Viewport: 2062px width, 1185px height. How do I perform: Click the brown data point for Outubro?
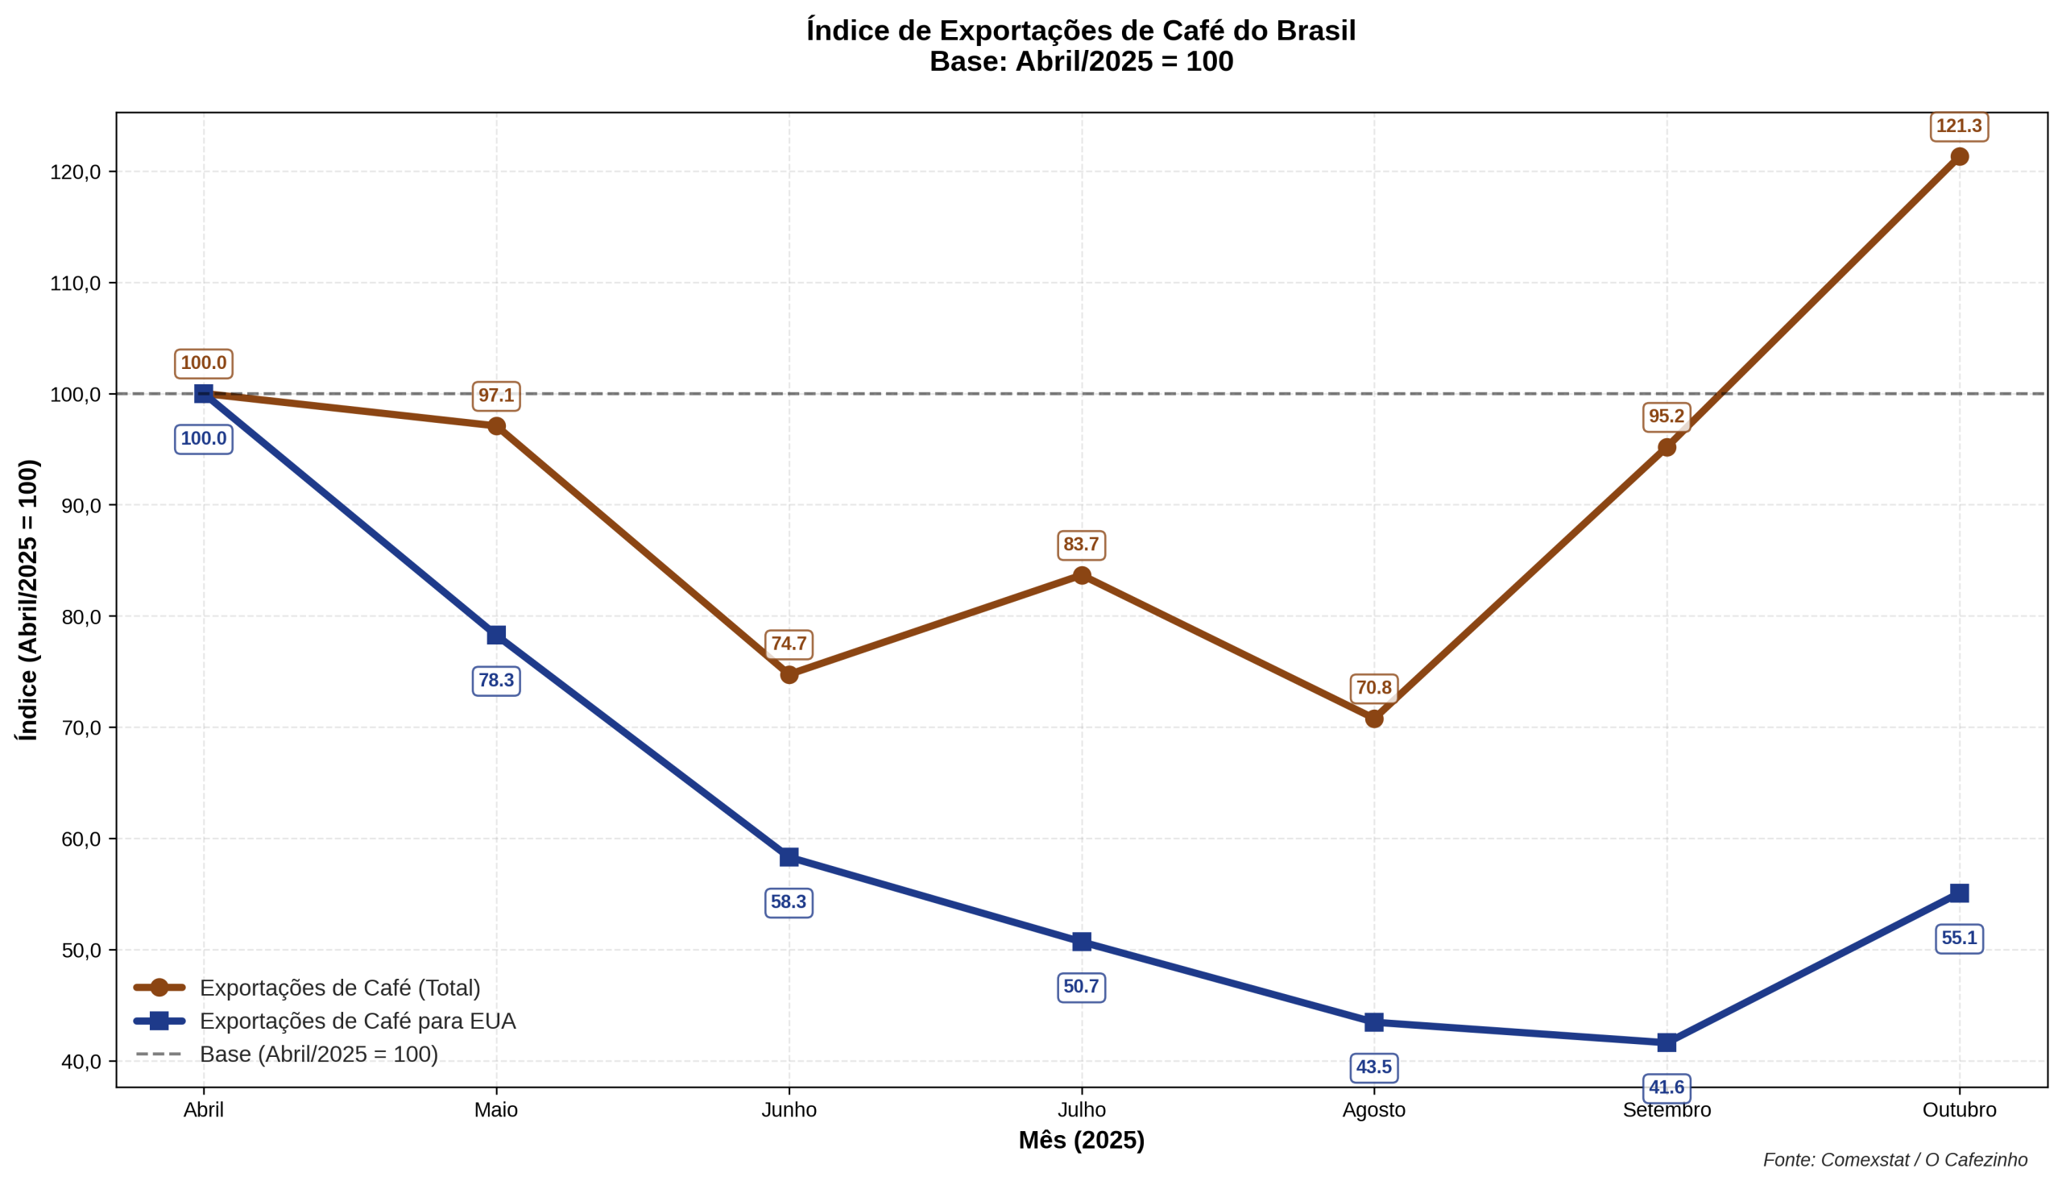1959,157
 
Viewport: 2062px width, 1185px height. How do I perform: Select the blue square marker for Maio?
496,635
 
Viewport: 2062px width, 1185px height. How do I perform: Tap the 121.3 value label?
1959,127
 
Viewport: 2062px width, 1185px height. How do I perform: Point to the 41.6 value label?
1667,1088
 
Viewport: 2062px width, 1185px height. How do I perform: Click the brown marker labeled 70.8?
1374,719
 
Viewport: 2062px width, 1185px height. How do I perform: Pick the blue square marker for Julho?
1082,942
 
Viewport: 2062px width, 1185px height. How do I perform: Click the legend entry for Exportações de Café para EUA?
358,1021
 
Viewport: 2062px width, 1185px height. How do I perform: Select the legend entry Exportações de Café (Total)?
339,988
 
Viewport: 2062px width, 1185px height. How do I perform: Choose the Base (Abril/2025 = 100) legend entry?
318,1054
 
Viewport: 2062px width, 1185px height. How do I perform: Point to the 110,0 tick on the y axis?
76,284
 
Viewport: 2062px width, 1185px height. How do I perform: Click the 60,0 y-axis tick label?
81,839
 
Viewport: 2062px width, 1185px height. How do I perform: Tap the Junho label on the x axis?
789,1110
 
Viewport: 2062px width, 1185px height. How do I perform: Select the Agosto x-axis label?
1373,1110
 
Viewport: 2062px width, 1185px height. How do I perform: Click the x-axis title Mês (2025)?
1082,1141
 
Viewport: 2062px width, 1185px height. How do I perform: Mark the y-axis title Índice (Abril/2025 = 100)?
27,600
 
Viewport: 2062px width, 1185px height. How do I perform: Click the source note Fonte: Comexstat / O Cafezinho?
1895,1160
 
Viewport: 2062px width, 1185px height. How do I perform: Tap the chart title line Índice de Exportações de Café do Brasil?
1081,31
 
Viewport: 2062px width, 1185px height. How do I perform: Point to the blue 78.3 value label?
496,681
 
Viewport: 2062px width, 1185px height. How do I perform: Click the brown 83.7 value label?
1082,545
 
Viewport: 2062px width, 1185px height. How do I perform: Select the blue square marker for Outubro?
1959,893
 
